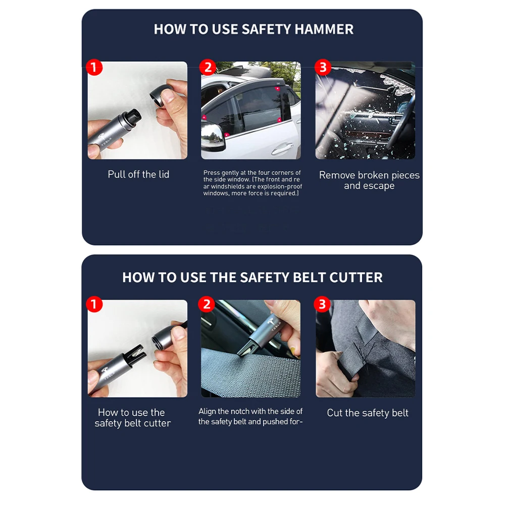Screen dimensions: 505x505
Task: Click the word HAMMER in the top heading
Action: tap(324, 29)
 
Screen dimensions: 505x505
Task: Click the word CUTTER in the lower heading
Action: tap(356, 278)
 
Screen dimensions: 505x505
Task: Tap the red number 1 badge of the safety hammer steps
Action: tap(94, 68)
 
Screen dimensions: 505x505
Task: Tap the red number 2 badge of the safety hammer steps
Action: tap(208, 67)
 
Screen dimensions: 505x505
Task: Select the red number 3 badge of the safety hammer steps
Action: tap(323, 67)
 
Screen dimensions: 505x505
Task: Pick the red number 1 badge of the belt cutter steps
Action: tap(94, 305)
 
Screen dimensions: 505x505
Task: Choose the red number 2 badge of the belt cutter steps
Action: tap(207, 304)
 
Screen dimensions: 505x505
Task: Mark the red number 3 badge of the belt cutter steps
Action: tap(322, 304)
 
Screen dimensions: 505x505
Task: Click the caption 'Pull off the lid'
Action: tap(138, 174)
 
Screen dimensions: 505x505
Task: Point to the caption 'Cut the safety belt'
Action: tap(368, 413)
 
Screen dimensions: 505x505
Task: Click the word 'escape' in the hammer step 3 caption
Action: tap(379, 186)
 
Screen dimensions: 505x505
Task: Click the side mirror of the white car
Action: tap(212, 137)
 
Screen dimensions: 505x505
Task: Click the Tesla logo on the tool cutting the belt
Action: tap(270, 321)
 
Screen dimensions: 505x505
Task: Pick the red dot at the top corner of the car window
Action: tap(277, 88)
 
